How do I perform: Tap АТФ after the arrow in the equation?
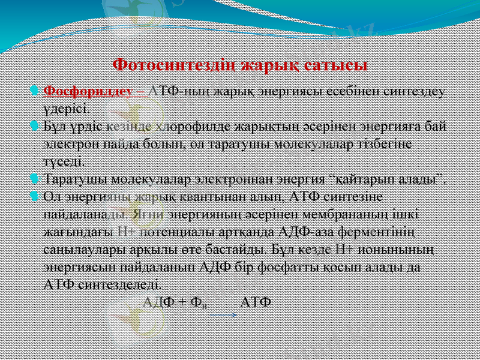click(256, 300)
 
